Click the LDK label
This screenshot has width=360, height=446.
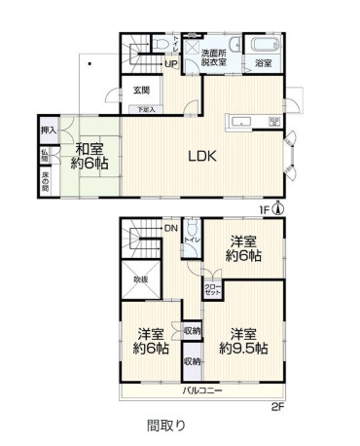click(x=201, y=156)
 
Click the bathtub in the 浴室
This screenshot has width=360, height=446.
click(x=263, y=45)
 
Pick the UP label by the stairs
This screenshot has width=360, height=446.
click(x=170, y=64)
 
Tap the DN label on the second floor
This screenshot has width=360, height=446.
click(x=170, y=229)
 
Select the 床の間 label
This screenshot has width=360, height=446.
click(x=46, y=181)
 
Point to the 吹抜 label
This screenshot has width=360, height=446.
click(x=141, y=279)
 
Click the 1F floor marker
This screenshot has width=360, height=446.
click(x=264, y=207)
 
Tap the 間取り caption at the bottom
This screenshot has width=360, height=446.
click(x=165, y=426)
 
